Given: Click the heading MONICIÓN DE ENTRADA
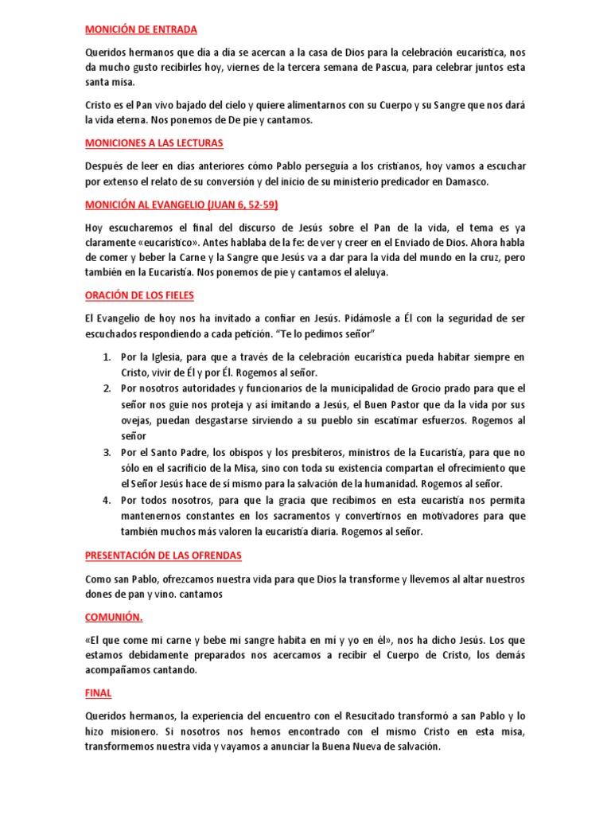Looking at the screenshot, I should [141, 30].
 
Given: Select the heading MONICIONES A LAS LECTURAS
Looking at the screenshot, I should [154, 143].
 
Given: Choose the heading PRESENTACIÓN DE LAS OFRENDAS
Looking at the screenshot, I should [163, 555].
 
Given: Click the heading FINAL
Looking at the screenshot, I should [99, 692].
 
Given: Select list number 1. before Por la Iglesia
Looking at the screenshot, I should [107, 357].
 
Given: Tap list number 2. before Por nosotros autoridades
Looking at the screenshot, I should [107, 388].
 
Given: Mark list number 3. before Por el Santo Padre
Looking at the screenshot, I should [107, 452].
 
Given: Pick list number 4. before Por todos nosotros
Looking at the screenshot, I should [107, 500].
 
